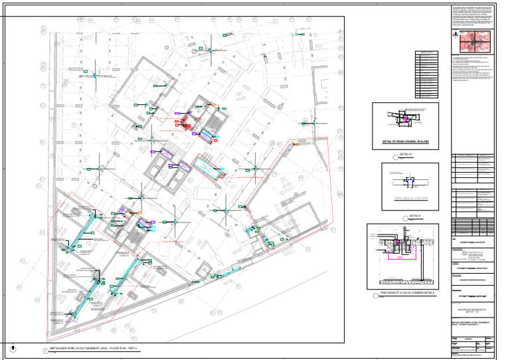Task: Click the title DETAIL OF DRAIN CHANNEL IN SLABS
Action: click(405, 141)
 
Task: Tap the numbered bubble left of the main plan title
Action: click(44, 349)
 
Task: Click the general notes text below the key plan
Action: click(473, 70)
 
